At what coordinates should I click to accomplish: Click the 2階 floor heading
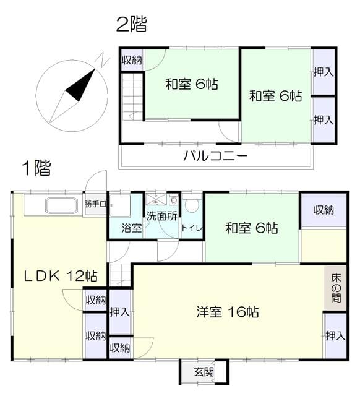click(x=132, y=24)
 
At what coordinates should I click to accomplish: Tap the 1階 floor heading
click(x=36, y=168)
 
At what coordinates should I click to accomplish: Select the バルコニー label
click(x=215, y=155)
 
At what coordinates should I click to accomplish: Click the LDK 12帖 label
click(x=61, y=276)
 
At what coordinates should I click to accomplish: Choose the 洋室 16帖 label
click(x=228, y=312)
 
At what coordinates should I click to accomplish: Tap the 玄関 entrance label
click(x=204, y=372)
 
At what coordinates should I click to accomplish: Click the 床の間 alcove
click(x=335, y=288)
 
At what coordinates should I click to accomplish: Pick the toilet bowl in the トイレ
click(x=192, y=205)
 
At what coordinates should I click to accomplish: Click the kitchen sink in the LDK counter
click(x=61, y=206)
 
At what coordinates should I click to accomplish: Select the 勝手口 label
click(x=95, y=204)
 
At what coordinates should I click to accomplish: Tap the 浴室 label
click(x=132, y=228)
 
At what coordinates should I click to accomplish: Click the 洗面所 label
click(x=162, y=216)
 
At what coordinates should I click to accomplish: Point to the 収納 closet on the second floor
click(x=132, y=60)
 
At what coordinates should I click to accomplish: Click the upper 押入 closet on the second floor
click(x=324, y=72)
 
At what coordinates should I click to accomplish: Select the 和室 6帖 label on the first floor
click(x=252, y=228)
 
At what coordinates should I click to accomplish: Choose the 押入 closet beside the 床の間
click(x=335, y=335)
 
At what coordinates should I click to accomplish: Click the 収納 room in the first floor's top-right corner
click(x=324, y=210)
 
